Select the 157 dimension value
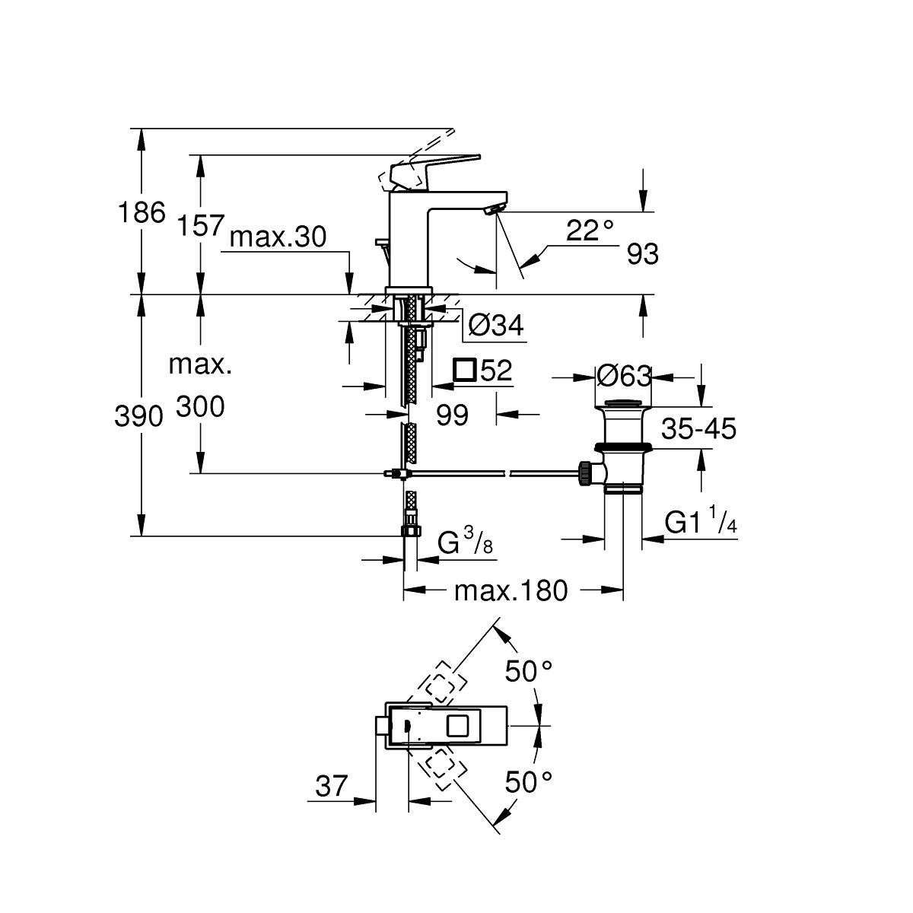200,225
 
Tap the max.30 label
278,238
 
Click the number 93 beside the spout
643,254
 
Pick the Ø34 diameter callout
495,326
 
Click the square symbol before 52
463,371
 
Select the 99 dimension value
452,415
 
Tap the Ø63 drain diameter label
624,376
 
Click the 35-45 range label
698,429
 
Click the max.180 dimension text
511,590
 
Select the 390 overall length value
138,416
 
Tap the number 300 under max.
200,408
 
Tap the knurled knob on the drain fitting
585,472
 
